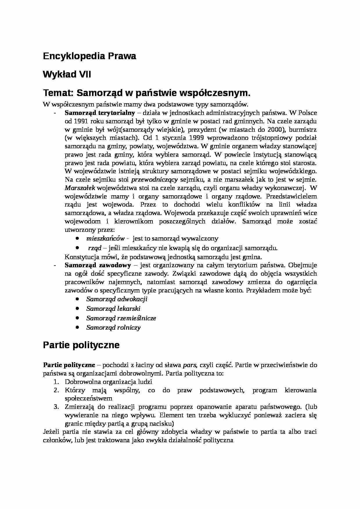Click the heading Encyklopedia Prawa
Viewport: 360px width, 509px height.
click(x=89, y=56)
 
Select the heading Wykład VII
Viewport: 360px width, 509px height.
click(x=67, y=75)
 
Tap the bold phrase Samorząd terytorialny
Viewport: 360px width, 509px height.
click(x=100, y=113)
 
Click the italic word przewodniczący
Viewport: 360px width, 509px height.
click(x=155, y=179)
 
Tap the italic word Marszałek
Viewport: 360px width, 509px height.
click(x=76, y=188)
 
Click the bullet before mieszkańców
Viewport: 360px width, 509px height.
click(x=77, y=238)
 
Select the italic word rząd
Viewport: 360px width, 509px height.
click(x=95, y=248)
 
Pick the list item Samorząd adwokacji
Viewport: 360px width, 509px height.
click(x=117, y=299)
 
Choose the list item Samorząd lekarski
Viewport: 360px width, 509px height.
click(x=113, y=309)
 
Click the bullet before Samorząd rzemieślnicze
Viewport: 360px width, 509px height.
click(x=77, y=318)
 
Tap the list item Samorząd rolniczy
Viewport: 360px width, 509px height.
click(x=113, y=328)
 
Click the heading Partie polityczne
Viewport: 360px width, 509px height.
click(x=81, y=345)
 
